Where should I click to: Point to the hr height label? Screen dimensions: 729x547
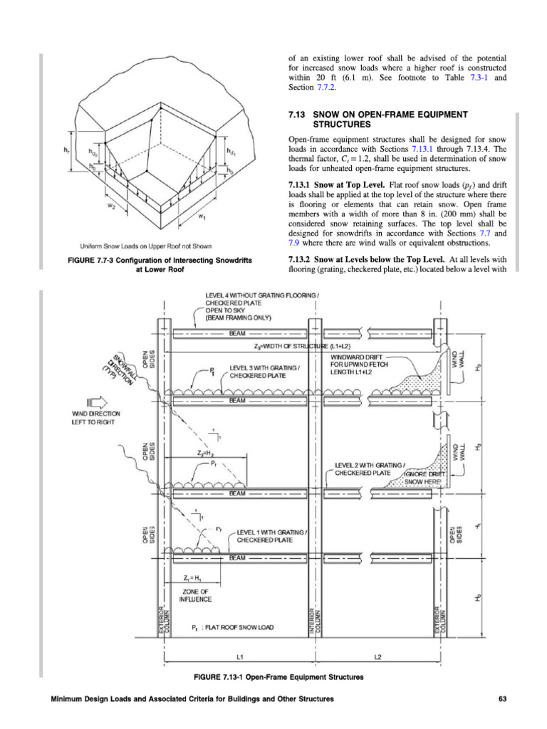[65, 150]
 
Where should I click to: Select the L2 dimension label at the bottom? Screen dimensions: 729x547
[375, 653]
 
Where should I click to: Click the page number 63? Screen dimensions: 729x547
[501, 698]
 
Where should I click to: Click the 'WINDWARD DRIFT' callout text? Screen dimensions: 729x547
[357, 356]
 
